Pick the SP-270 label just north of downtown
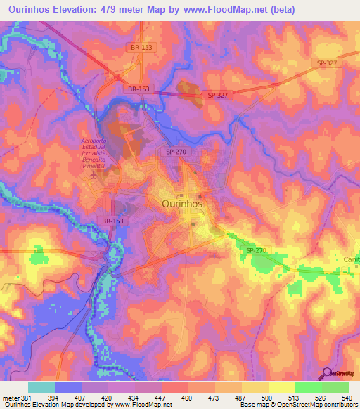[x=176, y=152]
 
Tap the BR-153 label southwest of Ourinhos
[x=113, y=221]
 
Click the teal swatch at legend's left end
[x=41, y=387]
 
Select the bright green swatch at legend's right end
[x=335, y=387]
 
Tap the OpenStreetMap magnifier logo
[x=327, y=373]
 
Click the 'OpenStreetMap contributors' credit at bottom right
[x=317, y=405]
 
